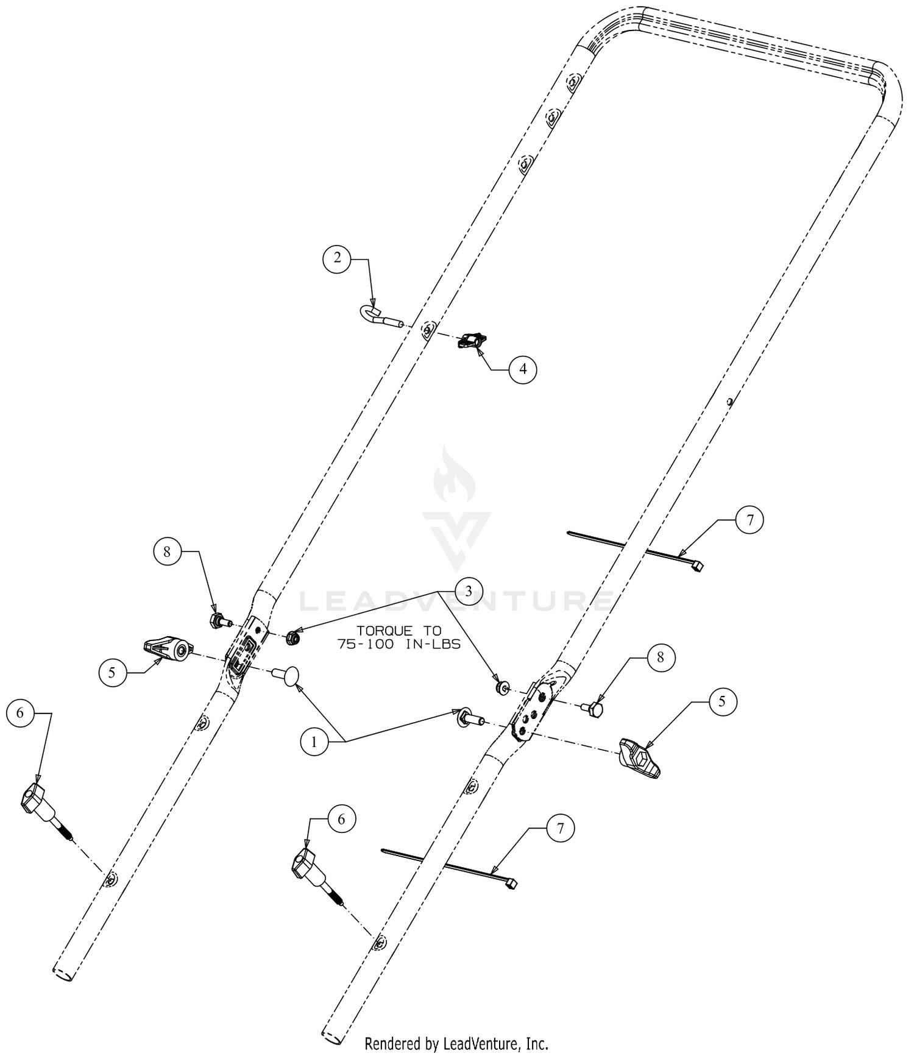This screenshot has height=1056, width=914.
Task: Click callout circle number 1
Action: pos(314,742)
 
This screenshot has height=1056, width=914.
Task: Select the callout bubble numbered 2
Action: pos(337,258)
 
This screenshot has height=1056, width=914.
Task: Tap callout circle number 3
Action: pos(469,590)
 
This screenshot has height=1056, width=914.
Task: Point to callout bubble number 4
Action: pos(522,369)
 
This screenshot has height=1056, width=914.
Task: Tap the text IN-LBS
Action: pos(433,645)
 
